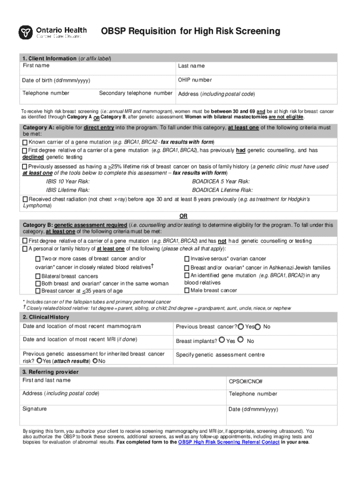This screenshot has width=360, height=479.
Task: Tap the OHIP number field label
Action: tap(194, 80)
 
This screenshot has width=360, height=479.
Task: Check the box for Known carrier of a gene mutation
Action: tap(25, 142)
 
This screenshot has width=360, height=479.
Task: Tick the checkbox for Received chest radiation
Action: tap(25, 199)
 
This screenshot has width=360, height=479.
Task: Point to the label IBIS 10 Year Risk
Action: tap(68, 181)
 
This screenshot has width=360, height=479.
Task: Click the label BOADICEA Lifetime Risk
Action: tap(222, 190)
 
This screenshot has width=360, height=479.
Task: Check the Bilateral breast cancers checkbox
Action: tap(38, 276)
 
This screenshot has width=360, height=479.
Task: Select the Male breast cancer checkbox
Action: tap(187, 290)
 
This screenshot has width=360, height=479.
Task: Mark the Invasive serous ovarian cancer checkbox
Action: tap(187, 259)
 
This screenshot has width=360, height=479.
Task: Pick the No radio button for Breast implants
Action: tap(241, 341)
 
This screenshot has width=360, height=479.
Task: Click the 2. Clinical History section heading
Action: tap(46, 317)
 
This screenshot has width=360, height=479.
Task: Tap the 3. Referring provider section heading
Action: tap(50, 372)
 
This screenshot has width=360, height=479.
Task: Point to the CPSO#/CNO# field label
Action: tap(245, 382)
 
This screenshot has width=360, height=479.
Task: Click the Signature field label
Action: tap(35, 409)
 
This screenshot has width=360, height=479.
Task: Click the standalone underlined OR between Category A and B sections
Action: tap(184, 216)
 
